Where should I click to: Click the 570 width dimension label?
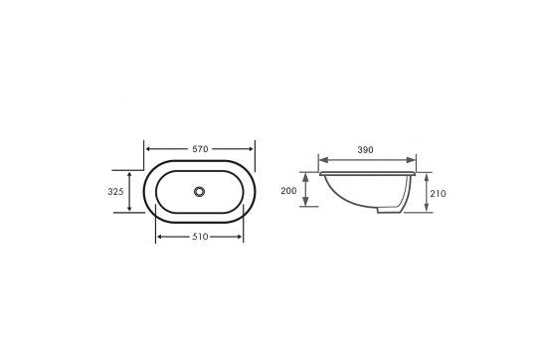pyautogui.click(x=200, y=149)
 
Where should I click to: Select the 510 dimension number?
pyautogui.click(x=200, y=238)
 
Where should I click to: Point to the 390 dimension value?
pyautogui.click(x=366, y=150)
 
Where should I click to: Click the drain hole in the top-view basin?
pyautogui.click(x=200, y=190)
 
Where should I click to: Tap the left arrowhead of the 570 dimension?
pyautogui.click(x=150, y=149)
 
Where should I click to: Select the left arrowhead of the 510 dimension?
pyautogui.click(x=160, y=238)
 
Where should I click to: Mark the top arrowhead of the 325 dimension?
pyautogui.click(x=129, y=171)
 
